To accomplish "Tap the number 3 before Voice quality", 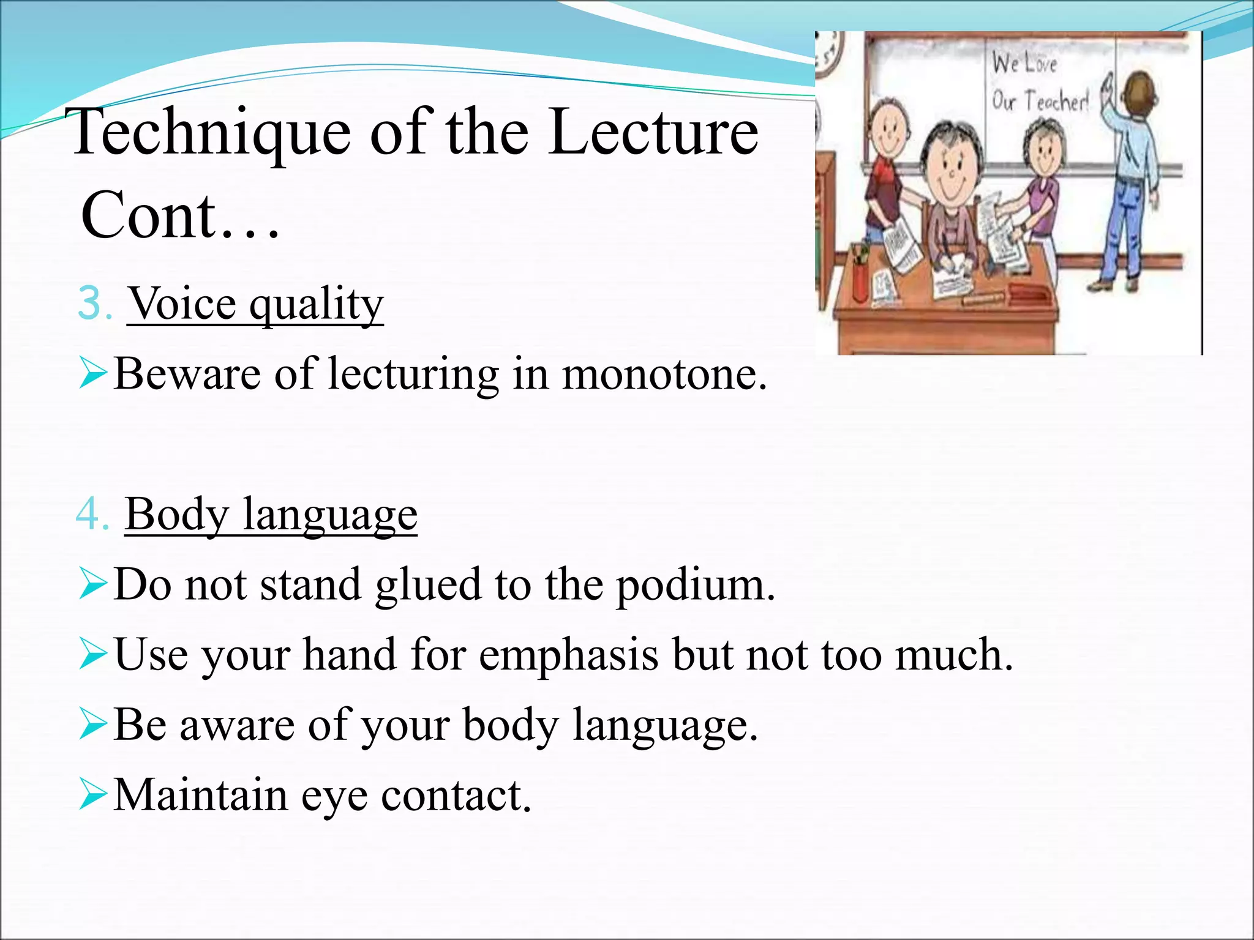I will pyautogui.click(x=92, y=304).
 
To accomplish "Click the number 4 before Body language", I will pyautogui.click(x=91, y=515).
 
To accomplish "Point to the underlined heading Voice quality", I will pyautogui.click(x=255, y=305).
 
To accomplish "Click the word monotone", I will pyautogui.click(x=664, y=375).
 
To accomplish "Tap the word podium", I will pyautogui.click(x=695, y=586).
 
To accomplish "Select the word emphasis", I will pyautogui.click(x=568, y=655).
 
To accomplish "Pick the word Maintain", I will pyautogui.click(x=201, y=796).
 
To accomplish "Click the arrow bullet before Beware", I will pyautogui.click(x=92, y=374).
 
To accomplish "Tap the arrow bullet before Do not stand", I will pyautogui.click(x=92, y=585).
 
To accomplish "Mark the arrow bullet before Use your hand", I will pyautogui.click(x=92, y=655).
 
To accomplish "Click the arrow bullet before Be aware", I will pyautogui.click(x=92, y=725).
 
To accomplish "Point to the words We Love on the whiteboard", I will pyautogui.click(x=1024, y=63).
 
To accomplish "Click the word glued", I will pyautogui.click(x=428, y=586).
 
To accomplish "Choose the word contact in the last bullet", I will pyautogui.click(x=456, y=796).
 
